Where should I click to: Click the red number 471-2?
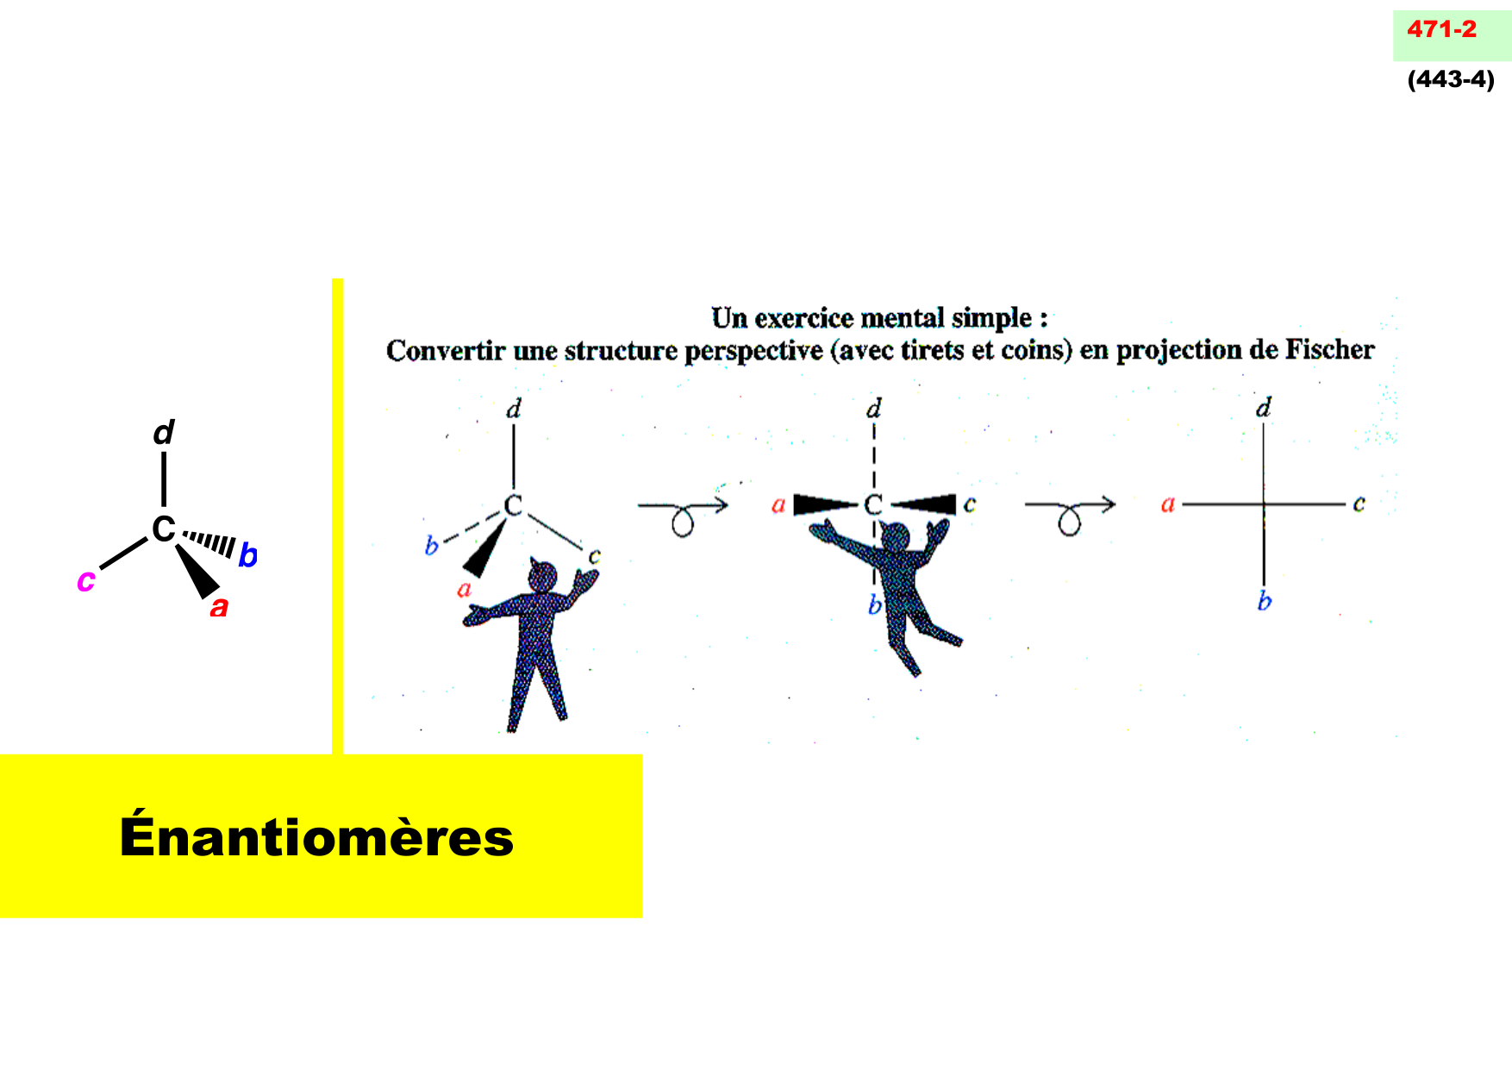click(x=1441, y=29)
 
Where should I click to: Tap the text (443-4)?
click(x=1451, y=79)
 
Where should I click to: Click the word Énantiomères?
click(x=316, y=836)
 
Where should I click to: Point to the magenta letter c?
click(x=85, y=580)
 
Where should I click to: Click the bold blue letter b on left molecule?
click(x=247, y=555)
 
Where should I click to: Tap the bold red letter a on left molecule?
click(x=219, y=607)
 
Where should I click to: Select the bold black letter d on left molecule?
click(x=164, y=432)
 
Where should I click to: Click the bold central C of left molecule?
click(x=163, y=529)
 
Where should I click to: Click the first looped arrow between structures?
click(x=683, y=513)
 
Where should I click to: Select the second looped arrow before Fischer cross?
click(x=1070, y=513)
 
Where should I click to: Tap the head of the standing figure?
click(x=542, y=576)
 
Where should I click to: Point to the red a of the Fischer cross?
click(x=1168, y=504)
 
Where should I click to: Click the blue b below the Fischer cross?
click(x=1264, y=601)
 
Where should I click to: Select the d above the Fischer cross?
click(x=1264, y=407)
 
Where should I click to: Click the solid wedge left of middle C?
click(x=823, y=504)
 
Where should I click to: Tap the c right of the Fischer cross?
click(x=1359, y=504)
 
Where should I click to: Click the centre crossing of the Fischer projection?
click(x=1264, y=504)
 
